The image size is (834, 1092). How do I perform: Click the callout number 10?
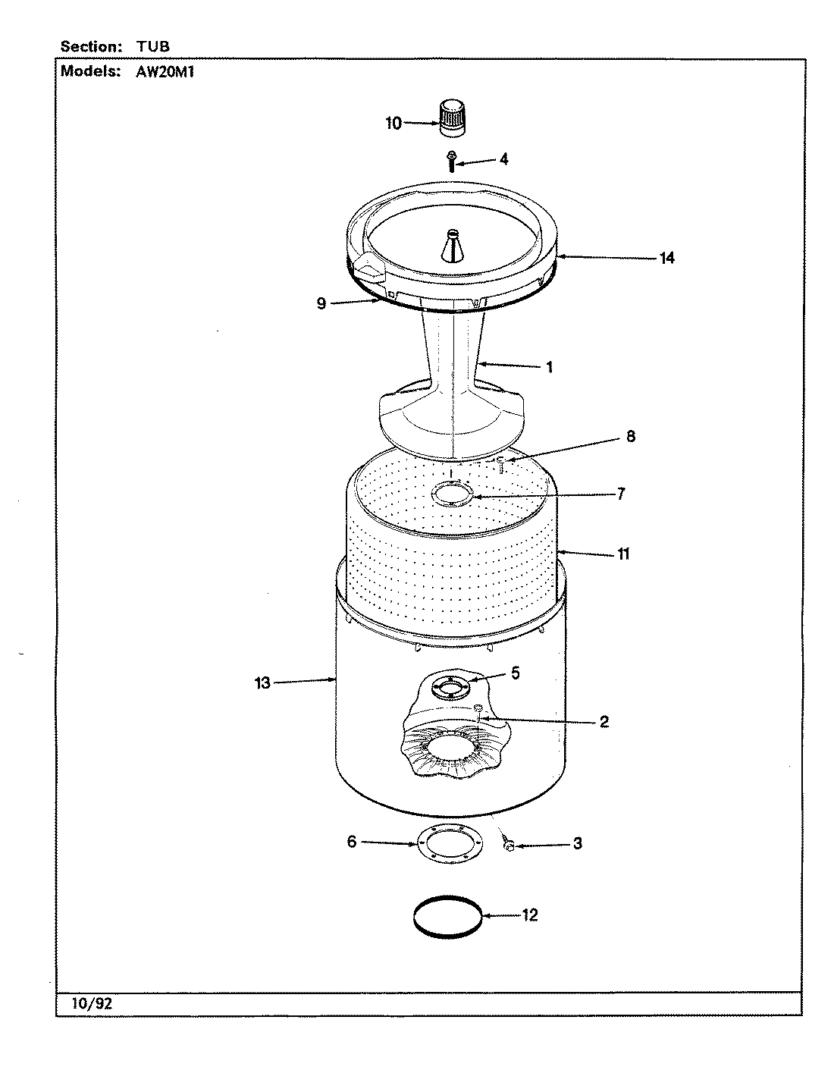coord(393,123)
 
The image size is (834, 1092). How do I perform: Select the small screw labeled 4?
coord(452,161)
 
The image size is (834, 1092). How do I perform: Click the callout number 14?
coord(666,258)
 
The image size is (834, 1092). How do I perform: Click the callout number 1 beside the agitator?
coord(549,368)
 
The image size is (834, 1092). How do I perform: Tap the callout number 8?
coord(631,437)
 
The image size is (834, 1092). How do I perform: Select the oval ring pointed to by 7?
coord(453,496)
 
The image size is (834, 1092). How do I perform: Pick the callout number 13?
coord(262,683)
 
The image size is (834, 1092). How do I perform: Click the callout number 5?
coord(515,673)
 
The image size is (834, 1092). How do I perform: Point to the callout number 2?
coord(604,721)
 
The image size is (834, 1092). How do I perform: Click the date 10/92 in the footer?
coord(91,1003)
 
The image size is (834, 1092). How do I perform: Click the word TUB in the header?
coord(153,46)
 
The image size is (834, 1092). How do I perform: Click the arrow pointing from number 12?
coord(500,916)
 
